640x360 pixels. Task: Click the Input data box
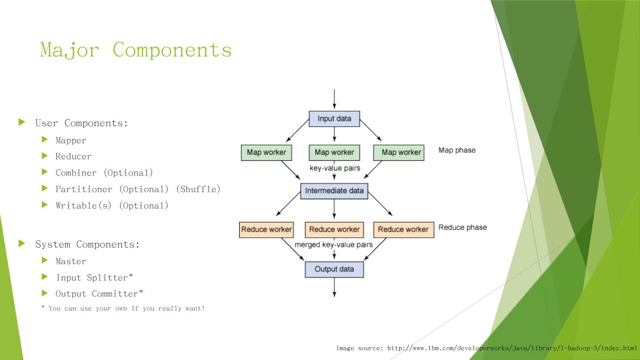tap(334, 119)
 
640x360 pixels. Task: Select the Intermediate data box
tap(334, 191)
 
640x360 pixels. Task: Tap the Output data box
tap(334, 269)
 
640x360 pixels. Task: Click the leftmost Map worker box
tap(266, 152)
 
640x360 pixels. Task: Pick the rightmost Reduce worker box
tap(404, 230)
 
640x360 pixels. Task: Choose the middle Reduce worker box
tap(334, 230)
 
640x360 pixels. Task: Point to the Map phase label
tap(457, 150)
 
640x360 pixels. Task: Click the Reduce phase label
tap(463, 228)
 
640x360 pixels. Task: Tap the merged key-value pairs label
tap(333, 245)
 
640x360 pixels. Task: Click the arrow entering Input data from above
tap(334, 99)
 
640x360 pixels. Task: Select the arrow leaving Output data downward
tap(334, 288)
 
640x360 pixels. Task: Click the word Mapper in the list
tap(71, 140)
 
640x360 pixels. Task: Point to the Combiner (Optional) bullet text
tap(104, 173)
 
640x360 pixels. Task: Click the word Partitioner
tap(84, 189)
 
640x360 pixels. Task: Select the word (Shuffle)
tap(198, 189)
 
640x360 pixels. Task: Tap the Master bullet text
tap(71, 261)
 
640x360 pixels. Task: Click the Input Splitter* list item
tap(94, 277)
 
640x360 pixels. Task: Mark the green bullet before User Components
tap(22, 122)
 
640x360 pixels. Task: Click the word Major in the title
tap(69, 50)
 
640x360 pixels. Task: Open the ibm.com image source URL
tap(512, 348)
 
